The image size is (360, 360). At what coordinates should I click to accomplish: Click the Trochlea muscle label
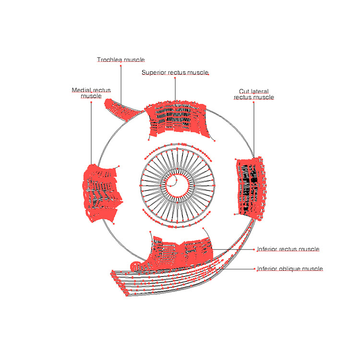click(x=120, y=60)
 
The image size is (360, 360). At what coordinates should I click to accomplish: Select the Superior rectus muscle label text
click(x=175, y=72)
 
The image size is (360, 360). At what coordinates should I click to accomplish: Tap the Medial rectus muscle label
click(x=91, y=93)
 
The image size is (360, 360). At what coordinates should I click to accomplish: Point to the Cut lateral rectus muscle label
click(x=253, y=94)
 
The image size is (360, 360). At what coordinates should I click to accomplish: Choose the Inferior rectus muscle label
click(x=288, y=249)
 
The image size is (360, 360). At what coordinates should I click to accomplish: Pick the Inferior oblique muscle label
click(x=289, y=269)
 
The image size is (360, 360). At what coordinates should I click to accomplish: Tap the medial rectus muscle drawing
click(x=101, y=192)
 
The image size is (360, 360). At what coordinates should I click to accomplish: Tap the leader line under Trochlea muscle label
click(x=120, y=84)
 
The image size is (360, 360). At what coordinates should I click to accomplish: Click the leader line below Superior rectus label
click(x=175, y=89)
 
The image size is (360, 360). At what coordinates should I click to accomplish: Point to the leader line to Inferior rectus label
click(x=233, y=249)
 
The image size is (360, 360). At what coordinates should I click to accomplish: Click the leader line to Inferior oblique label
click(x=240, y=269)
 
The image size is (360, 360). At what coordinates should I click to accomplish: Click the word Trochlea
click(x=108, y=60)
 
